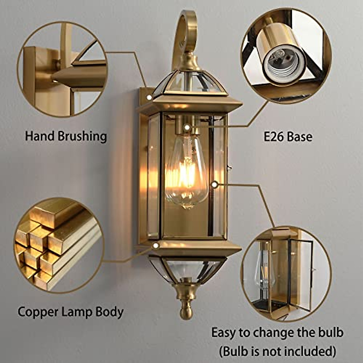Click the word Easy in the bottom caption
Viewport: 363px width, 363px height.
click(223, 333)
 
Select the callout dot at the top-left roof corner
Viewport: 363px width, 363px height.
click(149, 97)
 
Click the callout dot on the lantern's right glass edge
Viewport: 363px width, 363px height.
click(215, 184)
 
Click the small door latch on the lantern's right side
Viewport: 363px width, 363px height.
click(229, 167)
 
